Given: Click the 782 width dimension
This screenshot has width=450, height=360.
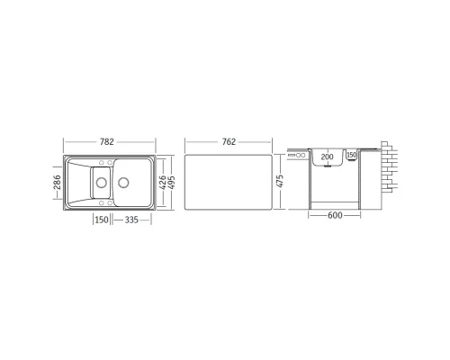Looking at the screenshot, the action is [x=107, y=141].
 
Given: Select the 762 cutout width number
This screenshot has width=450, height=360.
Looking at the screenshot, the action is [x=229, y=141].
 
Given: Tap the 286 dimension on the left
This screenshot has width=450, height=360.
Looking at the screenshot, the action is [x=57, y=183].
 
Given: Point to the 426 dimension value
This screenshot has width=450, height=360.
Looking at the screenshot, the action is [x=162, y=183].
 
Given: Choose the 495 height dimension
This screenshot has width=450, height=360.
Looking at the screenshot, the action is [x=171, y=183].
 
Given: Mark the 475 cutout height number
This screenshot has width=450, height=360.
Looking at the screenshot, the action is [x=280, y=181].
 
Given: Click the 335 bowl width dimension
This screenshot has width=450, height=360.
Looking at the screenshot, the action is [x=131, y=220].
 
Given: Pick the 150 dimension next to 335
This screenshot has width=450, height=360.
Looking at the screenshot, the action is [x=102, y=220].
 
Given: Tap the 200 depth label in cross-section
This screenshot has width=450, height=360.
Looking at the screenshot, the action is [x=327, y=157].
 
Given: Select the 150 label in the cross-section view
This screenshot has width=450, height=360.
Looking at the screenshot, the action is [x=351, y=155].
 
